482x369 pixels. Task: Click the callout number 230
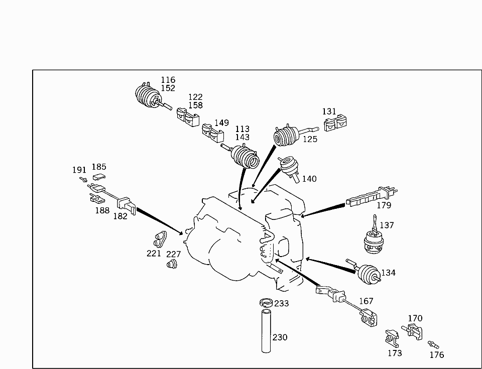click(280, 337)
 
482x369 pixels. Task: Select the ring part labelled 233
click(266, 303)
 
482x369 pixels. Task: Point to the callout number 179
click(384, 205)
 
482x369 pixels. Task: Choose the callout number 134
click(389, 273)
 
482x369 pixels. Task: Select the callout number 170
click(415, 318)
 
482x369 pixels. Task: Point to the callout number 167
click(367, 301)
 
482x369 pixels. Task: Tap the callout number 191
click(79, 170)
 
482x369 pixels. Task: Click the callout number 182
click(120, 216)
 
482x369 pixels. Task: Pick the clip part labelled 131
click(336, 123)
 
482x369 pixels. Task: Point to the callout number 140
click(309, 179)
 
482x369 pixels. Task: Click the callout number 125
click(310, 140)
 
